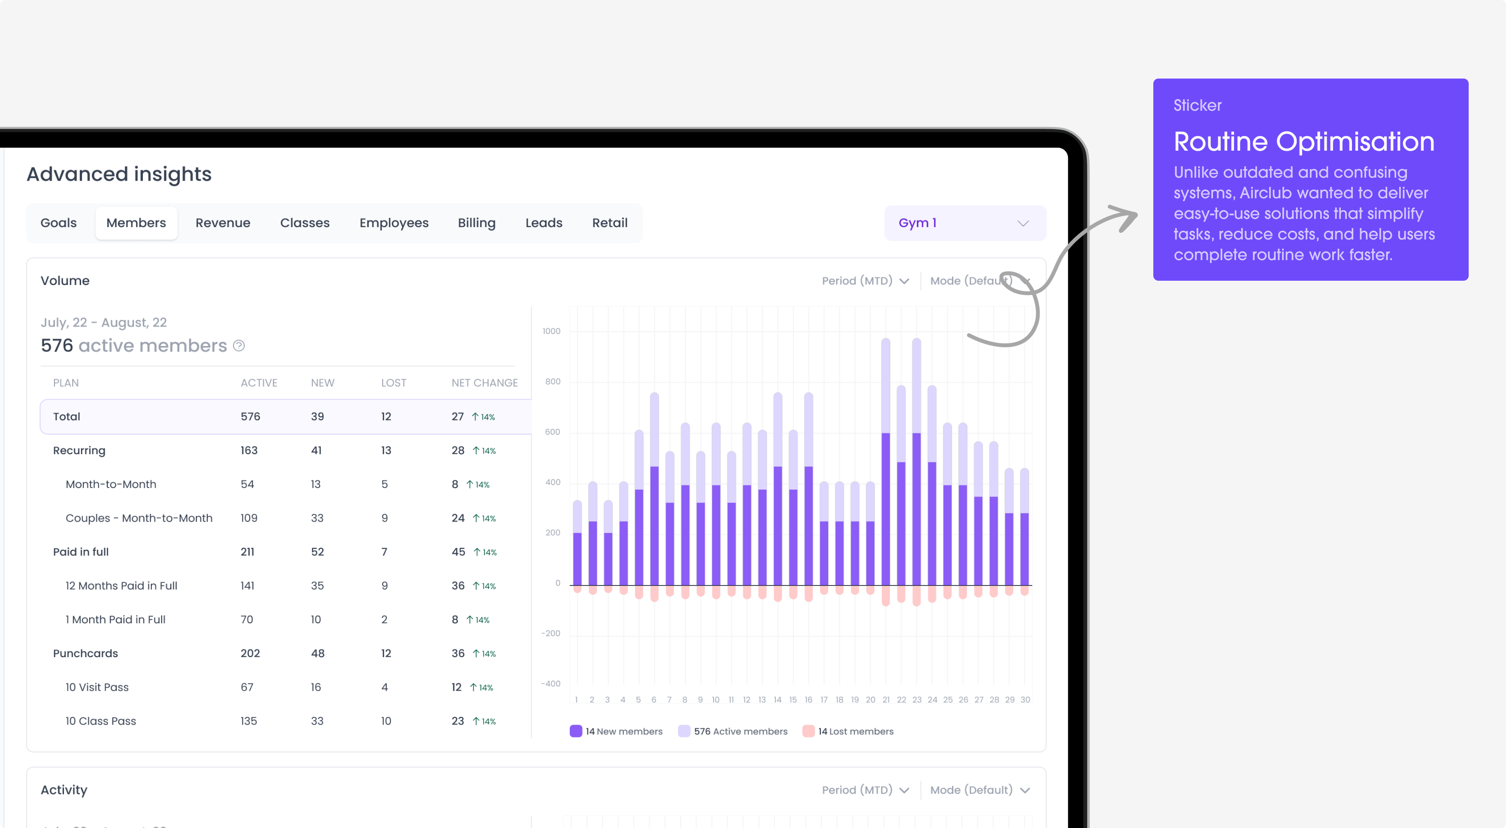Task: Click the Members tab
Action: coord(136,223)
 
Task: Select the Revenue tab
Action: coord(223,223)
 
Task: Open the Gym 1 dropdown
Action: coord(965,223)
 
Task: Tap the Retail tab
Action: coord(610,223)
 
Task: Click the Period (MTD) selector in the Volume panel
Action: coord(865,281)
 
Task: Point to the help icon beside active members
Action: coord(239,346)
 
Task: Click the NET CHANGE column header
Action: coord(485,383)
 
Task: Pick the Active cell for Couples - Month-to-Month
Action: coord(249,518)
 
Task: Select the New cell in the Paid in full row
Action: coord(318,552)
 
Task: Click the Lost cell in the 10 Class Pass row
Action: coord(386,721)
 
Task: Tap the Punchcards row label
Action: coord(85,653)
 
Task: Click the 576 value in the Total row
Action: coord(250,416)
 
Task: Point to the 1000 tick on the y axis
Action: coord(551,331)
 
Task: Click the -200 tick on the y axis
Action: coord(551,633)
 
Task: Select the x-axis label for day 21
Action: coord(886,700)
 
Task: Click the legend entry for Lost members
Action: coord(848,731)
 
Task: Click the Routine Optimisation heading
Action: coord(1304,142)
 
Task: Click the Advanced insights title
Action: coord(119,174)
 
